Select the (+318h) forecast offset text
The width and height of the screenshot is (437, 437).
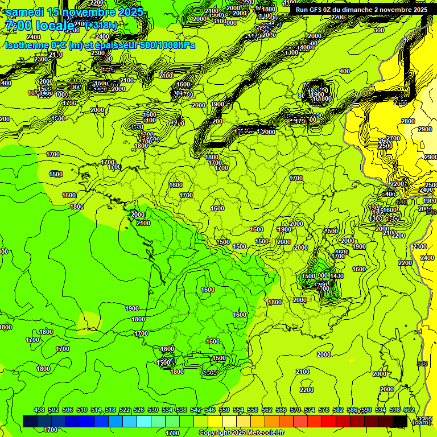click(x=101, y=26)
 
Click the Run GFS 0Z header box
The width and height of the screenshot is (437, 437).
click(x=361, y=10)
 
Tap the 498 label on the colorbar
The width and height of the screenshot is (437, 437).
click(x=39, y=410)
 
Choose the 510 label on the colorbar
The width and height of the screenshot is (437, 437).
click(x=82, y=410)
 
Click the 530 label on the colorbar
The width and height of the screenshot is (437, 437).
click(x=153, y=410)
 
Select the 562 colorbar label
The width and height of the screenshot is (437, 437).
click(x=267, y=410)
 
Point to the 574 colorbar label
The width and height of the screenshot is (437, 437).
click(x=310, y=410)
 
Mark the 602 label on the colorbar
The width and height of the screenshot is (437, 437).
click(x=409, y=410)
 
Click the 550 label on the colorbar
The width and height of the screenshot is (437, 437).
click(x=224, y=410)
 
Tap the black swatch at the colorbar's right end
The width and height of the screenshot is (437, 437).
click(x=400, y=421)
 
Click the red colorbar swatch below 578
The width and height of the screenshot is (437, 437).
click(x=329, y=421)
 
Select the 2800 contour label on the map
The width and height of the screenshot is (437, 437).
click(x=407, y=121)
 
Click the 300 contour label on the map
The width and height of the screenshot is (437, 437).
click(x=378, y=30)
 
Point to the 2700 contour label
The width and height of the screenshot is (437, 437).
click(x=393, y=138)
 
